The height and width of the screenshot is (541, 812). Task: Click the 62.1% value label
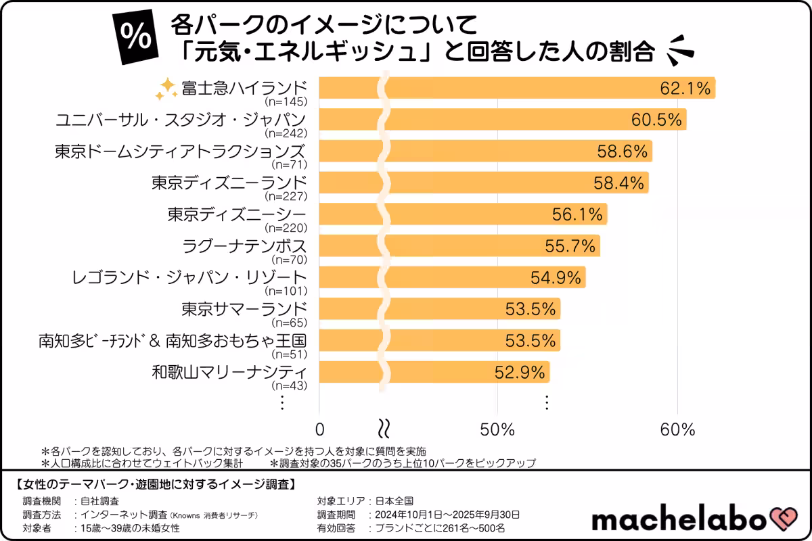(685, 88)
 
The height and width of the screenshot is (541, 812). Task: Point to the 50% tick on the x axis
(497, 429)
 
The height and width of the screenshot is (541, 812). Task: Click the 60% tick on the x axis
(677, 429)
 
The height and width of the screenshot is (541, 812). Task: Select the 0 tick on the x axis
(319, 429)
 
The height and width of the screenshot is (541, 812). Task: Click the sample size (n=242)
(286, 133)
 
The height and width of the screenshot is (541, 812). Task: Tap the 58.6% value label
(623, 151)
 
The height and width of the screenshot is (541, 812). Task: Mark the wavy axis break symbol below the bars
(384, 429)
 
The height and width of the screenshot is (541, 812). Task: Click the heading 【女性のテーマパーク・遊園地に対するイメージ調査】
(154, 484)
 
